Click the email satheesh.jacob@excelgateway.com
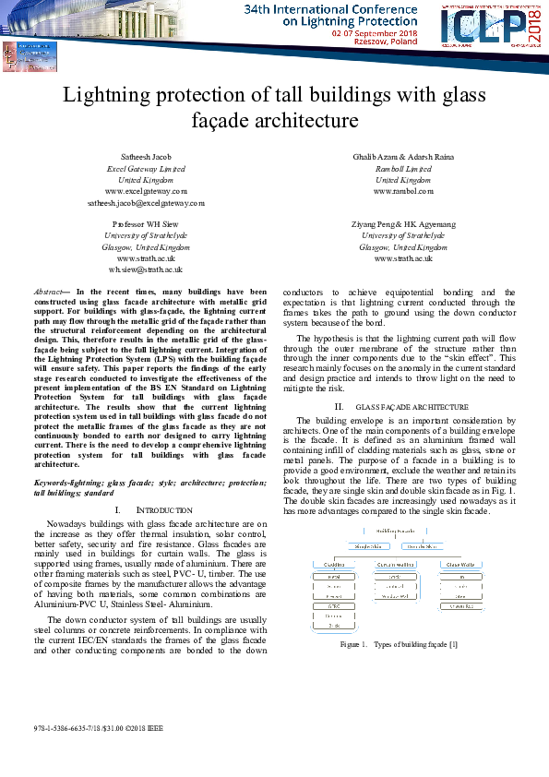coord(146,201)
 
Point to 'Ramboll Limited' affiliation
coord(403,169)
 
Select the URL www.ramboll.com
coord(403,191)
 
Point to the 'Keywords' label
coord(54,483)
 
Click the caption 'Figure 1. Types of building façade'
coord(398,643)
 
